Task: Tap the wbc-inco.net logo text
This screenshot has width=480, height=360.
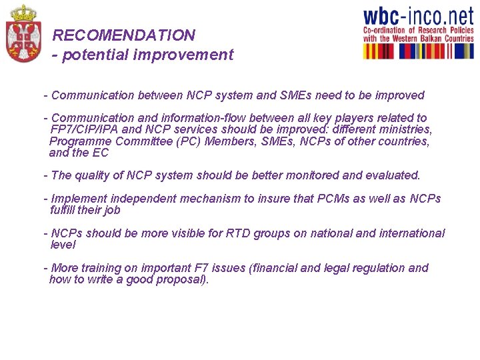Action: tap(417, 17)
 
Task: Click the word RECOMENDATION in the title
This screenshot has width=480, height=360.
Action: tap(124, 35)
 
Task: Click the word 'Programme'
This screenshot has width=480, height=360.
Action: tap(80, 141)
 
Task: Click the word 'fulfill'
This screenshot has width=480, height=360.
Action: tap(65, 210)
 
